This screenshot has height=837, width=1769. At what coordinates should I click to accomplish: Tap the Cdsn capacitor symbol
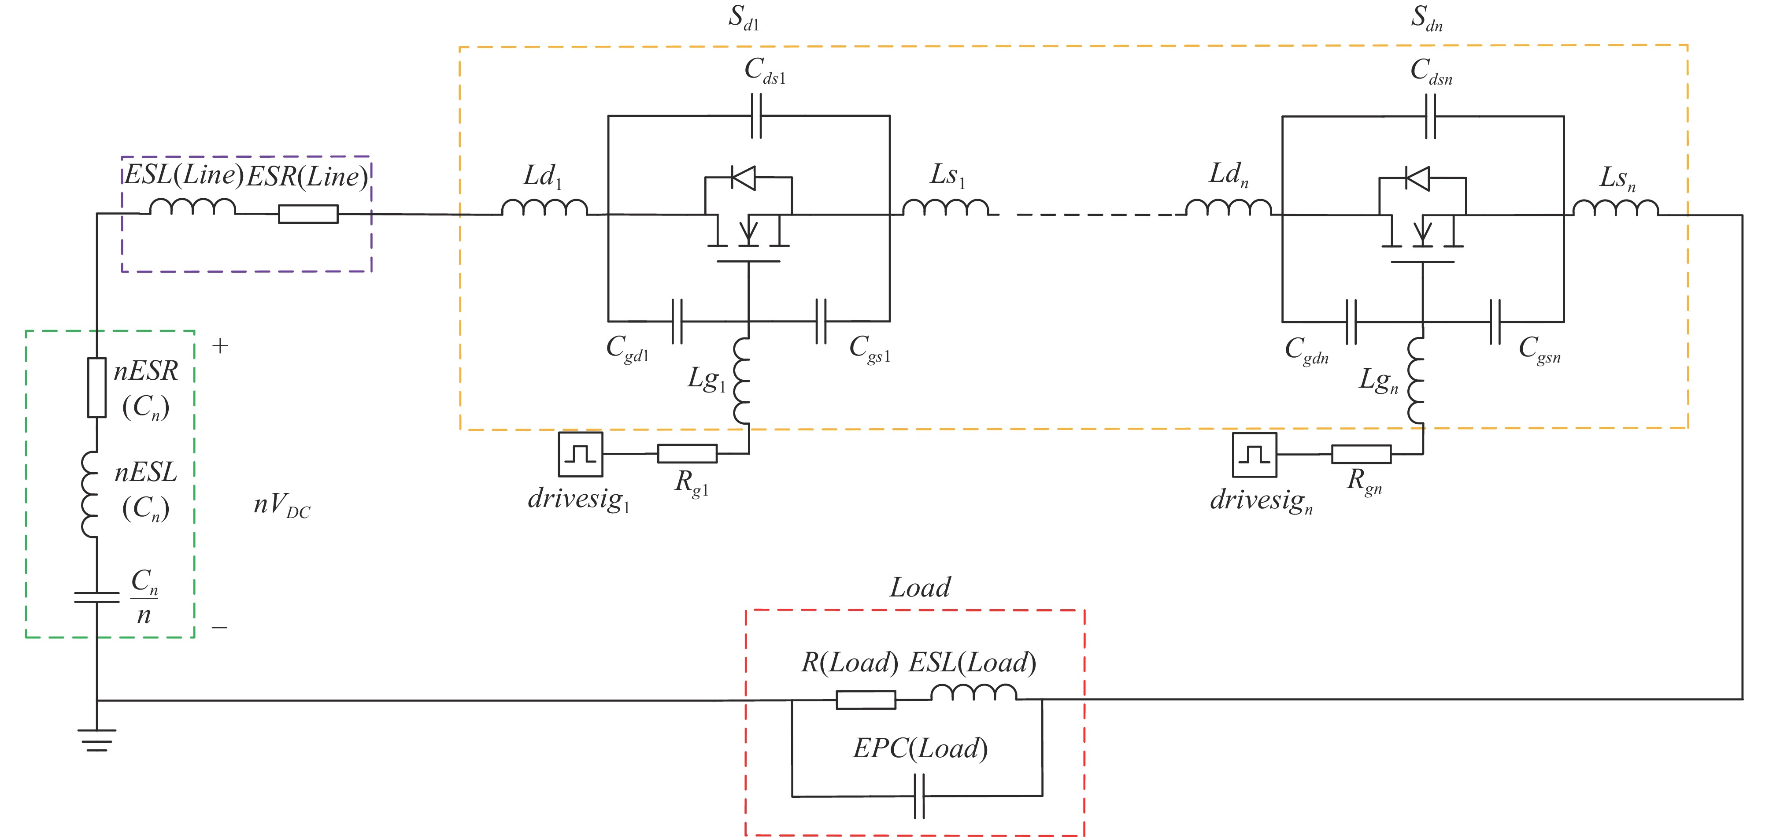point(1430,117)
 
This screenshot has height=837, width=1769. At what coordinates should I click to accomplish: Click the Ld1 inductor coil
point(544,207)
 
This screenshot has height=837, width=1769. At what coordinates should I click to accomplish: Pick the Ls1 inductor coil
point(946,207)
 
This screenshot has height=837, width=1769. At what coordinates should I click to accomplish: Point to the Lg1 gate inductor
point(742,381)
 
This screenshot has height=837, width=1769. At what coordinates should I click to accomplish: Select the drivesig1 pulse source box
point(580,454)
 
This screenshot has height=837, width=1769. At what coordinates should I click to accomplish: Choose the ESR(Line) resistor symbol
point(308,214)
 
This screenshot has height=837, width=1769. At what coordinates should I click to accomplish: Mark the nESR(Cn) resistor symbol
point(97,387)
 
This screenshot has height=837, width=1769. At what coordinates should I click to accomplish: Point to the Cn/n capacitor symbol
point(97,596)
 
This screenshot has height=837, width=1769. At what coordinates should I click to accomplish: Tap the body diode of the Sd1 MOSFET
point(743,178)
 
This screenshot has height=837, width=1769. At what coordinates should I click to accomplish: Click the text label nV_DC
point(281,506)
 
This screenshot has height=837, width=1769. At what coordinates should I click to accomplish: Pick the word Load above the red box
point(920,588)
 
